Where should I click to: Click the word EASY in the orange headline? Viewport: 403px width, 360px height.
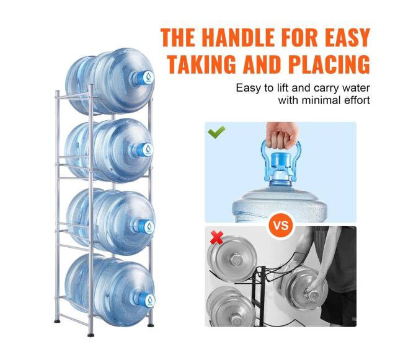(347, 38)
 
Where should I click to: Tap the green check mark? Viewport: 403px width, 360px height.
(216, 132)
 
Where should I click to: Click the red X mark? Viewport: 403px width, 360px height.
(216, 237)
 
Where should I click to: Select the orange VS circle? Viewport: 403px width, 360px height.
(281, 226)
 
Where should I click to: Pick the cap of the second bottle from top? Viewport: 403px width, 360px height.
(146, 149)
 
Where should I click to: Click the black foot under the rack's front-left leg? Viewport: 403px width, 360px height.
(91, 335)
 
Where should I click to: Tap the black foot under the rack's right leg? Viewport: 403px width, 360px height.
(151, 325)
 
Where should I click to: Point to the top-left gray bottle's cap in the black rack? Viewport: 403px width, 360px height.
(236, 259)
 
